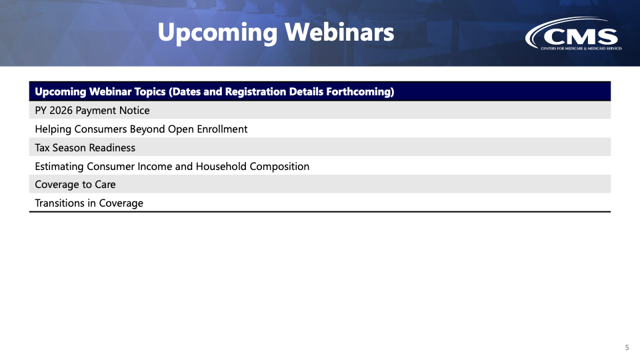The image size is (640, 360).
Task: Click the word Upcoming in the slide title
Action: tap(217, 33)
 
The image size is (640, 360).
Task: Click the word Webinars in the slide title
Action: tap(339, 32)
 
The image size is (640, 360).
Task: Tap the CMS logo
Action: tap(573, 33)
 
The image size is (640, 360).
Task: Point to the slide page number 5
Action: tap(627, 348)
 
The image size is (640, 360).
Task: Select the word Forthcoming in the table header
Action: tap(360, 91)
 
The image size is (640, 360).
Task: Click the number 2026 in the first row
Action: tap(61, 111)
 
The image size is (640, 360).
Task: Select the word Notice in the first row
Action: tap(134, 111)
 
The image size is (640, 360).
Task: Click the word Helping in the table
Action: tap(53, 129)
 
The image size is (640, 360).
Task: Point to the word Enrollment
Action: tap(222, 129)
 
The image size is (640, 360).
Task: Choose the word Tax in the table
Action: tap(43, 148)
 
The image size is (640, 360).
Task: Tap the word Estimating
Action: tap(59, 167)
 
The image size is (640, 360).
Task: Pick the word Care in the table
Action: tap(105, 185)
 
